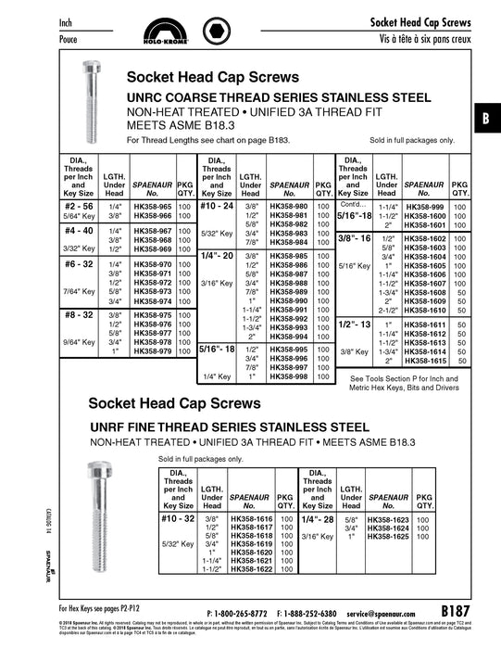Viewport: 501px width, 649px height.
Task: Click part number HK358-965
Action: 152,204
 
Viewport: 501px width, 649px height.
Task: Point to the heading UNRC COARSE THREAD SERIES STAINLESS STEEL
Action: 278,97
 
